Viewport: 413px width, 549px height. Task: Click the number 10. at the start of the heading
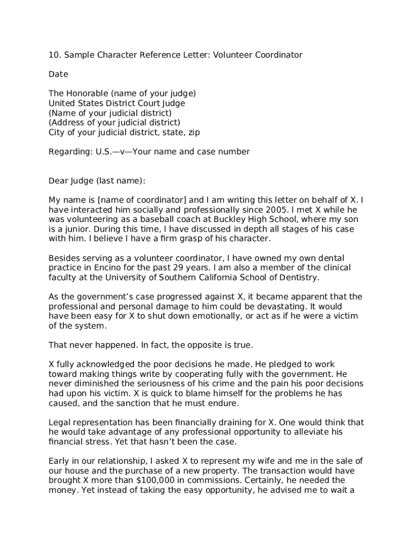coord(55,55)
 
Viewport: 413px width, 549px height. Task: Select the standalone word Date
coord(58,74)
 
